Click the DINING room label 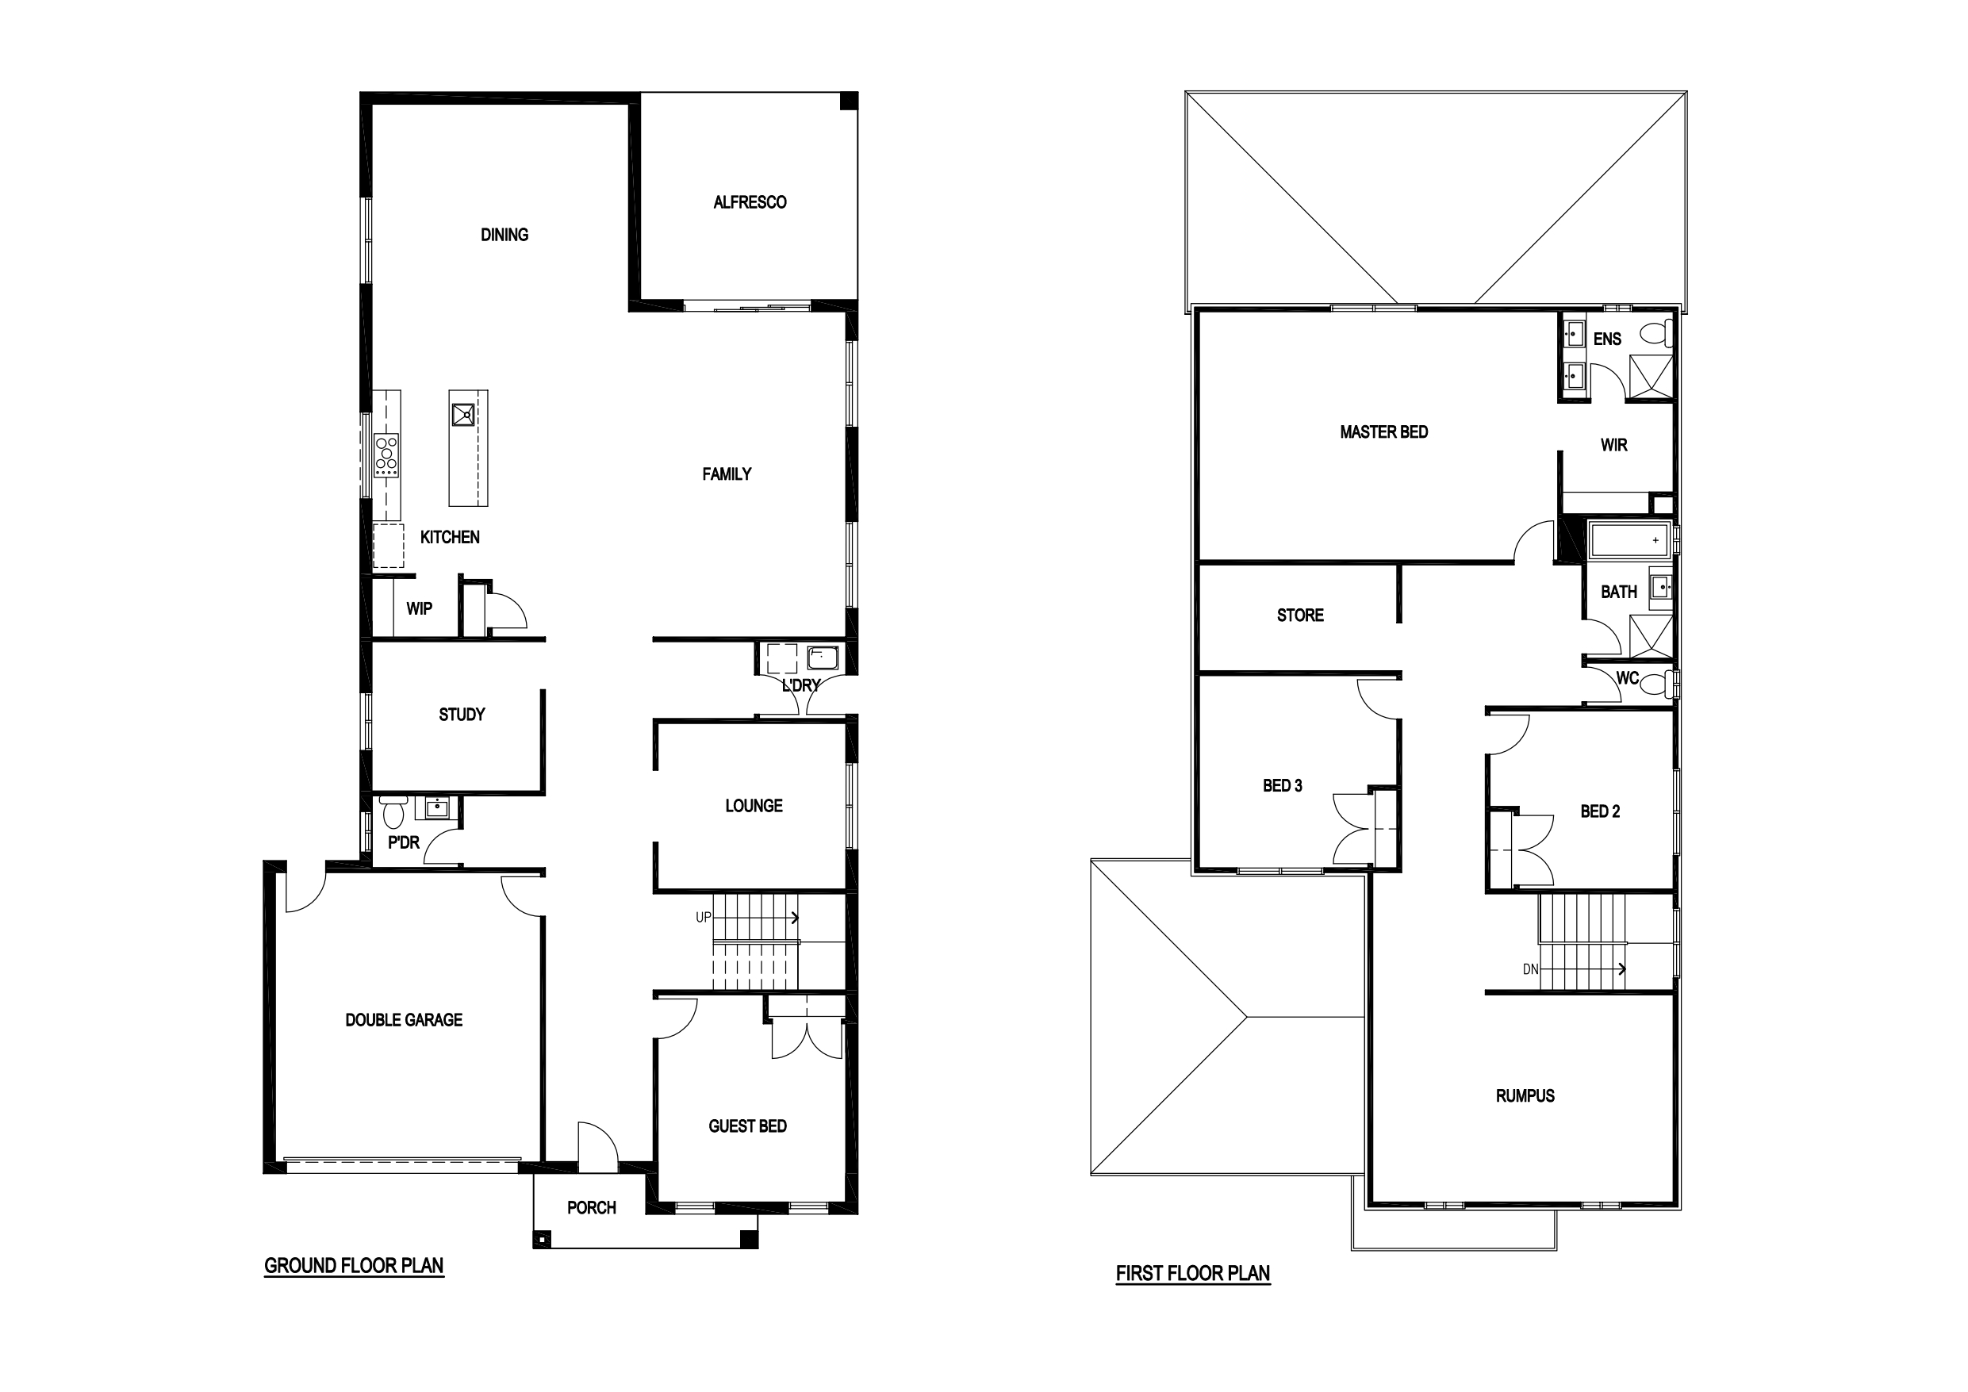504,235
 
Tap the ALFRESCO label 750,202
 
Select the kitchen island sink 464,415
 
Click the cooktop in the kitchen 386,455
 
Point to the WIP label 419,608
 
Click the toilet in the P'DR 394,810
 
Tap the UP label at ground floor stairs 703,917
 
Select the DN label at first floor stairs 1531,969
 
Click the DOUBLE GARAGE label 404,1020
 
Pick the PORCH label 592,1208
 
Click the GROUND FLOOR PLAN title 354,1265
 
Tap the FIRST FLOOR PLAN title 1193,1274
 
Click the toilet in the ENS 1657,332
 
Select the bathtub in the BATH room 1629,540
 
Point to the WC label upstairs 1628,678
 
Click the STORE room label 1300,615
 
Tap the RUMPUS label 1525,1096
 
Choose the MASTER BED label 1384,432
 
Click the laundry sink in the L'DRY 823,658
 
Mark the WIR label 1614,445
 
